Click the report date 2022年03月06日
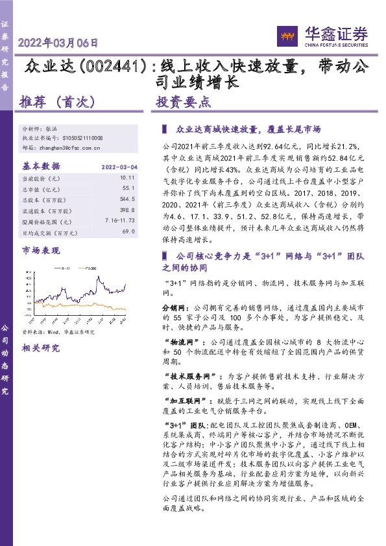58,44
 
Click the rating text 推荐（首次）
58,102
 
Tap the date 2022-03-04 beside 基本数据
119,167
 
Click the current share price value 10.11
127,177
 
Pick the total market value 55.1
128,188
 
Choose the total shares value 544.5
127,199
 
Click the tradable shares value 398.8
127,209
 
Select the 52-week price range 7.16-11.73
118,220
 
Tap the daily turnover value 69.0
128,231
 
